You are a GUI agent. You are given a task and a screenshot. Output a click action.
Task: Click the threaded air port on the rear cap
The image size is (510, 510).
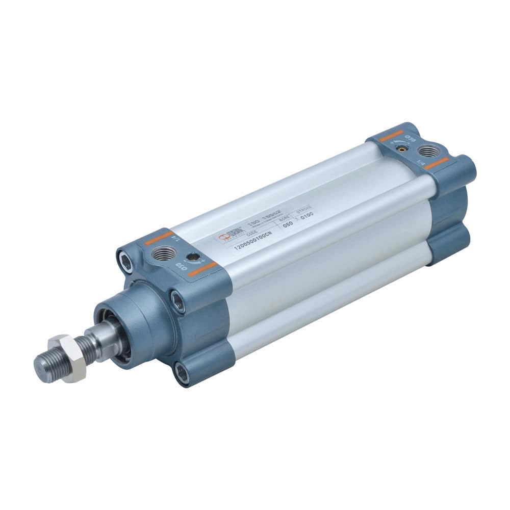(428, 151)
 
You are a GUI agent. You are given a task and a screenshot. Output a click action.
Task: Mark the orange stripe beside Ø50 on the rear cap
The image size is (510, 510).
(391, 136)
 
